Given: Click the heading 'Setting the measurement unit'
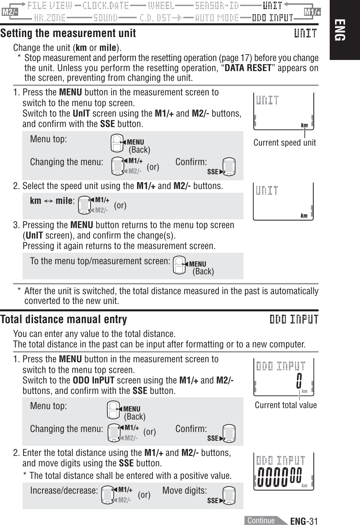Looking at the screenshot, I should (x=68, y=33).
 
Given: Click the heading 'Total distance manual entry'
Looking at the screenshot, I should (x=64, y=319).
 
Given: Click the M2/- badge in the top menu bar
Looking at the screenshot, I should (x=9, y=12).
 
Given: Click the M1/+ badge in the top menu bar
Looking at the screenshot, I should (x=312, y=12).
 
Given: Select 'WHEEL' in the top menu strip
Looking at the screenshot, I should (x=161, y=6).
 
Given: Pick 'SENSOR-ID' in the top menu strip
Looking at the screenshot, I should (x=217, y=6).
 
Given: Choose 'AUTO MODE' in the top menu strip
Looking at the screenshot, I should (x=217, y=18).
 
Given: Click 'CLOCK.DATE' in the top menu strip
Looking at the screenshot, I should (x=105, y=6).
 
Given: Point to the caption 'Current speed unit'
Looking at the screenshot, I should (x=285, y=143).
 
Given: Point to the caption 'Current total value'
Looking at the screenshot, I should (x=286, y=405).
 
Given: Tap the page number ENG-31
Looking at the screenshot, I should (x=304, y=521).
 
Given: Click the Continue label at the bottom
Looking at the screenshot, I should (x=261, y=520).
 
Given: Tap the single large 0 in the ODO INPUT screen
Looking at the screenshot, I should (x=299, y=380).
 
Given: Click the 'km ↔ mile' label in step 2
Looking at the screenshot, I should (x=52, y=201).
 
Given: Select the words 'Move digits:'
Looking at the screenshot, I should (x=185, y=490).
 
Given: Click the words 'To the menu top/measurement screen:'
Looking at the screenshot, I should (x=100, y=261).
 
